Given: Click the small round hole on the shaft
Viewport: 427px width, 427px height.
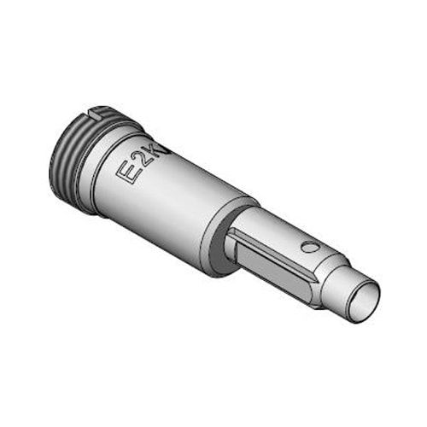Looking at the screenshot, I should point(310,247).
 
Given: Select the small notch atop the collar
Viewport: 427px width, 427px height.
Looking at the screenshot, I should point(101,111).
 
